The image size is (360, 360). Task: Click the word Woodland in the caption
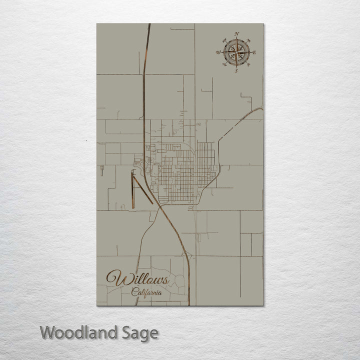pos(78,332)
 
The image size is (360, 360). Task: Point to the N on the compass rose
pos(236,34)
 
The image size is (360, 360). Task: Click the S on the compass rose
pos(236,70)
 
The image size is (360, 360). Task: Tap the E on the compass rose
pos(254,52)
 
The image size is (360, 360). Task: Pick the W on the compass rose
pos(218,52)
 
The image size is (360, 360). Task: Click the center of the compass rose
pos(236,52)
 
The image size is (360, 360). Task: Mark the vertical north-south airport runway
pos(132,189)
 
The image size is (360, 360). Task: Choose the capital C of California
pos(135,292)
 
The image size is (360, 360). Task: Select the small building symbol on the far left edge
pos(101,170)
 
